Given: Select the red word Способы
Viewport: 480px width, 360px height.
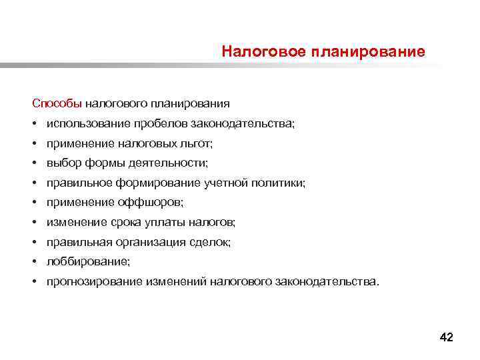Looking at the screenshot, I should pyautogui.click(x=57, y=103).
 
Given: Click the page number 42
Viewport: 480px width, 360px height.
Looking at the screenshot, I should pyautogui.click(x=446, y=337).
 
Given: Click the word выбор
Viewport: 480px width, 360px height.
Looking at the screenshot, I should pyautogui.click(x=61, y=163).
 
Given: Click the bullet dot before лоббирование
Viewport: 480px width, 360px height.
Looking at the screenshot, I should pyautogui.click(x=32, y=261).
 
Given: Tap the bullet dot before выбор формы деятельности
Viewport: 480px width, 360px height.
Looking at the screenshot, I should pyautogui.click(x=32, y=163).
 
